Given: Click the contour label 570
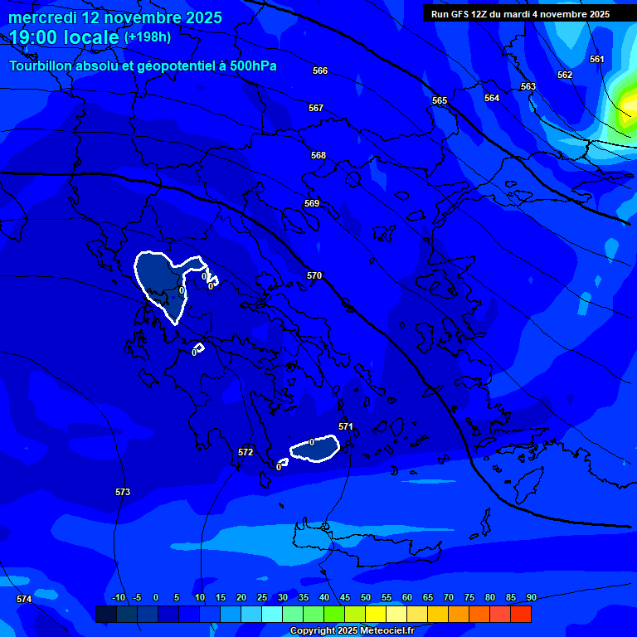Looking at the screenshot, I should pyautogui.click(x=314, y=275).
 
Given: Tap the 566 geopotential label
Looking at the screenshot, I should pyautogui.click(x=320, y=71).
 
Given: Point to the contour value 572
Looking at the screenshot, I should pyautogui.click(x=246, y=452).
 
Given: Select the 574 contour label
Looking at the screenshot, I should pyautogui.click(x=24, y=599).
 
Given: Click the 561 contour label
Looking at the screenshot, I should pyautogui.click(x=597, y=59).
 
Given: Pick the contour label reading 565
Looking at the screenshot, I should pyautogui.click(x=440, y=100).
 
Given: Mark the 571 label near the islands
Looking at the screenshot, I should pyautogui.click(x=346, y=426).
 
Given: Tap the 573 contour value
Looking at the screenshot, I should pyautogui.click(x=123, y=492).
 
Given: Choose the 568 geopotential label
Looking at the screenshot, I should pyautogui.click(x=318, y=155).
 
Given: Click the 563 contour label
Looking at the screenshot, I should pyautogui.click(x=528, y=86).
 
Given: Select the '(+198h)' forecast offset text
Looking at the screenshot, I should pyautogui.click(x=148, y=37).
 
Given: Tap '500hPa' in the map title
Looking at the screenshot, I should pyautogui.click(x=251, y=66).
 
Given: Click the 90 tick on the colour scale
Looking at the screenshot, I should pyautogui.click(x=531, y=597).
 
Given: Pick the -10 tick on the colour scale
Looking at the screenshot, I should pyautogui.click(x=119, y=597).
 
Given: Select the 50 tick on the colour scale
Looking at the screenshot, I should pyautogui.click(x=366, y=597).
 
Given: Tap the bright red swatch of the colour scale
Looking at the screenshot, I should pyautogui.click(x=521, y=614).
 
